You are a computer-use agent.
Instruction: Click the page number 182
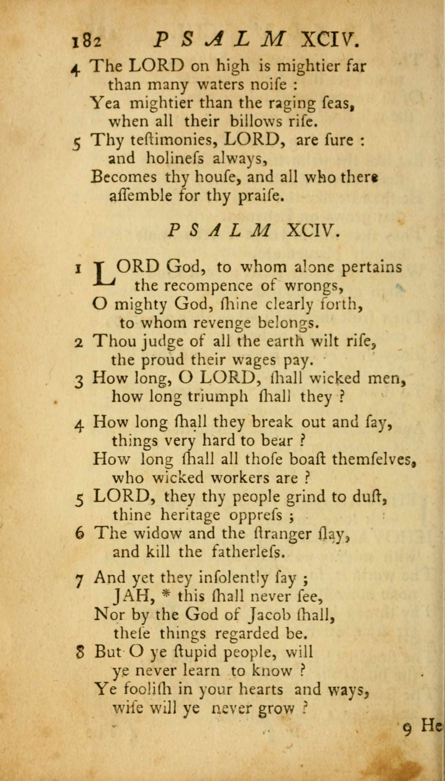pos(86,41)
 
